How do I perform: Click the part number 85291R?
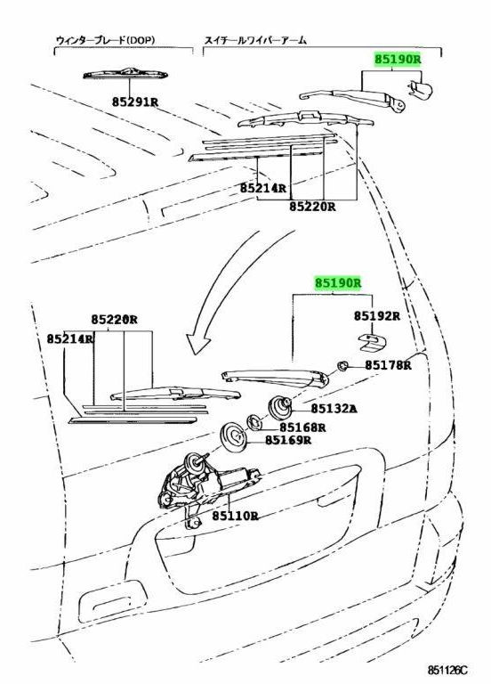(x=135, y=102)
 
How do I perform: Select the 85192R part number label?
(x=376, y=315)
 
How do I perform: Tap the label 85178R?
(x=388, y=364)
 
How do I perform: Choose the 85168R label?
(x=302, y=427)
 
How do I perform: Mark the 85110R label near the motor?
(x=235, y=516)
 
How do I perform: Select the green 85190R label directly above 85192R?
(x=337, y=282)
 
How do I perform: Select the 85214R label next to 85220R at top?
(x=263, y=189)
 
